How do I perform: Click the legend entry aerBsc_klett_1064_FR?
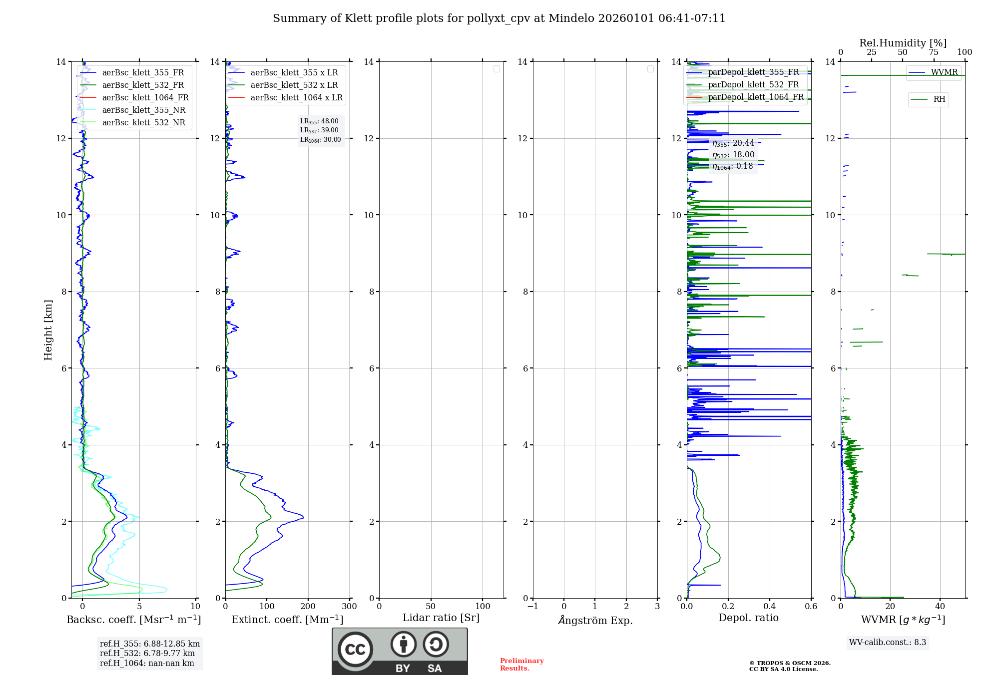coord(145,98)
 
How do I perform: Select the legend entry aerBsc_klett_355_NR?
coord(144,110)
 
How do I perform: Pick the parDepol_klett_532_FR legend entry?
coord(753,85)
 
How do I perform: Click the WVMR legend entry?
coord(944,72)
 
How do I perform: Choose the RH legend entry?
coord(939,99)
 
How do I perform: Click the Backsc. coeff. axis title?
coord(134,620)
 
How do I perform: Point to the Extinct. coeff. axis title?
coord(288,620)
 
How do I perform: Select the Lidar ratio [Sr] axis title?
coord(441,618)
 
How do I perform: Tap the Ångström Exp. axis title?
coord(595,620)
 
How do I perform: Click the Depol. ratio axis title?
coord(749,618)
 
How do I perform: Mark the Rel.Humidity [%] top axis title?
coord(903,43)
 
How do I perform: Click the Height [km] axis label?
coord(48,330)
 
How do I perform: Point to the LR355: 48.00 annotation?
coord(319,121)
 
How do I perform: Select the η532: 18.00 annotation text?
coord(733,155)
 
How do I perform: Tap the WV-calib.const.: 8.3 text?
coord(888,643)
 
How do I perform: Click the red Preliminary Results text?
coord(521,665)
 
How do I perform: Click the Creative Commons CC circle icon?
coord(355,650)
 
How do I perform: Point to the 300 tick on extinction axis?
coord(350,607)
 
